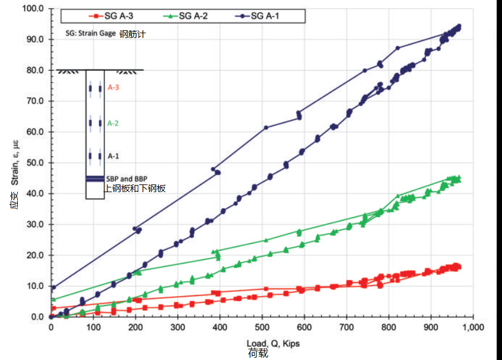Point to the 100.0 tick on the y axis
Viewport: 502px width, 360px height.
pos(33,9)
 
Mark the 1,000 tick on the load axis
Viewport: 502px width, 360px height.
pos(473,327)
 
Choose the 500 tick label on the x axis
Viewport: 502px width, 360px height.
pos(262,327)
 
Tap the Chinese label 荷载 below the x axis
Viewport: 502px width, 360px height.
pos(259,353)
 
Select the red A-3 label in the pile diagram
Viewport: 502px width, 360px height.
pos(113,88)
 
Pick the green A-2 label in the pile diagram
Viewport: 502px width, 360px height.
pos(113,123)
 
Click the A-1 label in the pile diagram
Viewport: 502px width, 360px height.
pos(113,156)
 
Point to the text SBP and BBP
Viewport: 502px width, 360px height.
pos(126,179)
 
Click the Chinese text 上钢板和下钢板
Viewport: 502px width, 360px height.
pos(135,189)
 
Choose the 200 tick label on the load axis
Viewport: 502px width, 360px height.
pos(135,327)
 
